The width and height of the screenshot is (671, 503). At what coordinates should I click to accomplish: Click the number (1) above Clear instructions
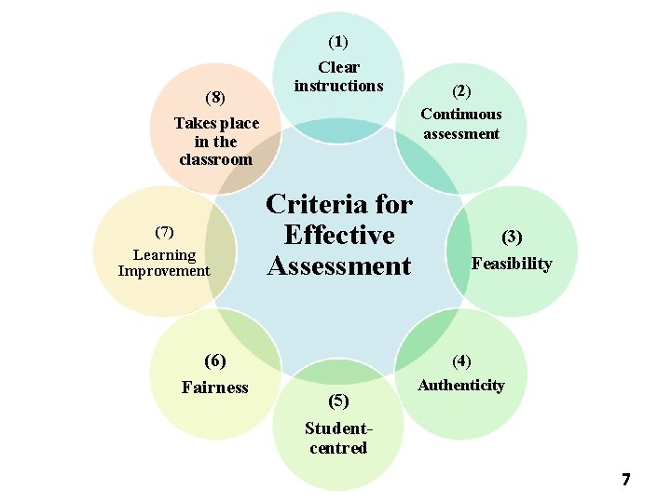337,42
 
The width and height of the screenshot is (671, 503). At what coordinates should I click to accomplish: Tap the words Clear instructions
338,76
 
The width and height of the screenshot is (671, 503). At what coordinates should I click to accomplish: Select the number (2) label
461,91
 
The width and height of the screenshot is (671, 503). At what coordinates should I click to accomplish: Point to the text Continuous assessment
461,124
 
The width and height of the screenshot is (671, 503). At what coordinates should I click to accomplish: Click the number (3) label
512,238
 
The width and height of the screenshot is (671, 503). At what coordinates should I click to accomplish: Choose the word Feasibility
512,264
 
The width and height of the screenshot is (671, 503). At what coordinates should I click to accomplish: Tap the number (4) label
461,360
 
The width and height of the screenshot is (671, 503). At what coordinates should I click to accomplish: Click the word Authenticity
461,385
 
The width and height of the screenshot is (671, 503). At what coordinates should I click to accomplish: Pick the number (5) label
338,401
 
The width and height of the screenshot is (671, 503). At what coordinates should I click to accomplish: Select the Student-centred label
338,439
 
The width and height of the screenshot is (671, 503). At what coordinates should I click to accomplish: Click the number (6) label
215,360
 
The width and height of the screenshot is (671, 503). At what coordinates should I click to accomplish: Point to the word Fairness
215,387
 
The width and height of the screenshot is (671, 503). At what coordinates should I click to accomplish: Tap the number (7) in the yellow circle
164,231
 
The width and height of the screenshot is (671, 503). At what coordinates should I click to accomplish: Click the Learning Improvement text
164,263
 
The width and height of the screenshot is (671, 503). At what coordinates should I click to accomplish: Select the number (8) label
215,97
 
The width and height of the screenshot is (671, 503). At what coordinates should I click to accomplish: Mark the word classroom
216,159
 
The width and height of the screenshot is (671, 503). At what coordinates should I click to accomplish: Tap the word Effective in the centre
339,235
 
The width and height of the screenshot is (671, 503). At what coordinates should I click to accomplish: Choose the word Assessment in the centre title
339,265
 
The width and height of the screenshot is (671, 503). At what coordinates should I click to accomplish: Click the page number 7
626,480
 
